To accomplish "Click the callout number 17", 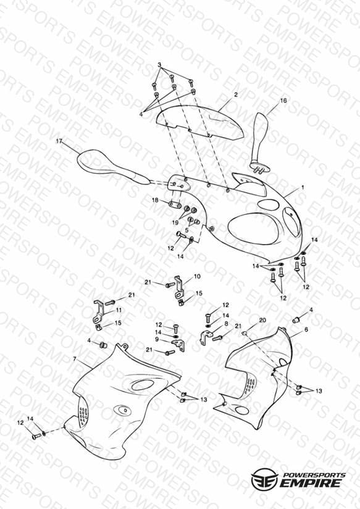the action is pos(59,141).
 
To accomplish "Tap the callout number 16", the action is pos(283,101).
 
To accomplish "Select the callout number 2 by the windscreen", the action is pos(236,95).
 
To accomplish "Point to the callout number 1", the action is pos(303,187).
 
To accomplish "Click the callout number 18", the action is pos(155,200).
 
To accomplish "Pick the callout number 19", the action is pos(175,222).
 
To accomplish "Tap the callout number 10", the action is pos(197,277).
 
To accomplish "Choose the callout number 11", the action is pos(119,310).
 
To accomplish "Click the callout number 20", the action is pos(262,321).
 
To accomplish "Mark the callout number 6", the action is pos(306,329).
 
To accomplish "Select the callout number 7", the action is pos(75,359).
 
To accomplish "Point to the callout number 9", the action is pos(157,339).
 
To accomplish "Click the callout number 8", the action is pos(226,324).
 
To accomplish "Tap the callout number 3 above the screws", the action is pos(159,65).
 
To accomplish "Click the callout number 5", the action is pos(186,230).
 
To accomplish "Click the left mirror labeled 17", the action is pos(112,167).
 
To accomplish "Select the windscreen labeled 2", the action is pos(199,122).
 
